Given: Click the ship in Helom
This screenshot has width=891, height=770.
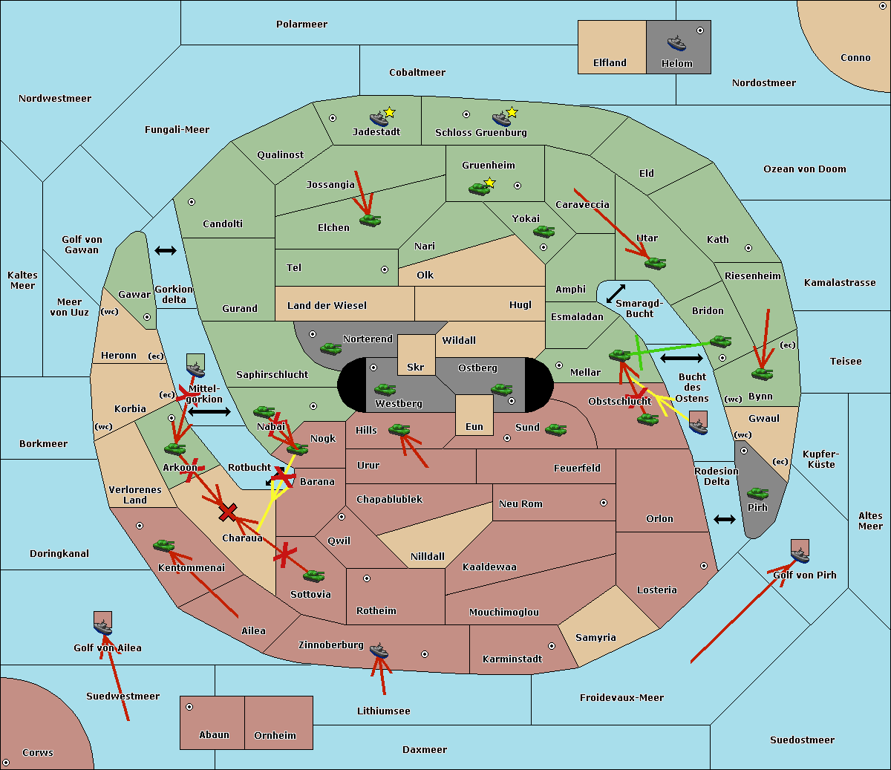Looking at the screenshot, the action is coord(676,44).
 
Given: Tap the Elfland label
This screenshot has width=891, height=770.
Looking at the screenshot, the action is coord(610,63).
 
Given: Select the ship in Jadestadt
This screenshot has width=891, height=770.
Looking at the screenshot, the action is coord(379,119).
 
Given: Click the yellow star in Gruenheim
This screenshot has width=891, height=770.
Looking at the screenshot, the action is coord(489,183).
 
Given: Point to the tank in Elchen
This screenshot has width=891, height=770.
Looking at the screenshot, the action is coord(371,221).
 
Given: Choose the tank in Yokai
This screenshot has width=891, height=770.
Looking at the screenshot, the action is coord(544,232).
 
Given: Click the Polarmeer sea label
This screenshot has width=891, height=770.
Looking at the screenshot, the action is coord(301,25).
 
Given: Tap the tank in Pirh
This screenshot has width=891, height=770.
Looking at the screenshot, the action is coord(757,493).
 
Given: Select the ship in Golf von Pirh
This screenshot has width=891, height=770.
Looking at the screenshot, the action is coord(800,555).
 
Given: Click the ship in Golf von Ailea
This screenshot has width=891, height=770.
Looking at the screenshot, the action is coord(103,627).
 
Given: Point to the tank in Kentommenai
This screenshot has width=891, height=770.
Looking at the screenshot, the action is coord(164,546).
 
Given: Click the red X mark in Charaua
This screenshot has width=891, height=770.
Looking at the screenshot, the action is coord(228,512).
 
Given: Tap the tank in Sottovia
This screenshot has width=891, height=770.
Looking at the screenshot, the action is coord(314,576).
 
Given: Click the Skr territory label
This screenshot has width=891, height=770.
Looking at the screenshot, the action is coord(416,368).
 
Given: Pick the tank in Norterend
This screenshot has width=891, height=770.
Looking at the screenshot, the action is coord(330,349).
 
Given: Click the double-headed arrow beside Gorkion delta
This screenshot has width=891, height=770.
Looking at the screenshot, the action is coord(166,250).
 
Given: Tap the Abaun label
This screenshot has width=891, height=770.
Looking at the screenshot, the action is coord(214,734).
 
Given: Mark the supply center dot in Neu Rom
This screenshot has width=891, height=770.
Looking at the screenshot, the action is coord(604,503).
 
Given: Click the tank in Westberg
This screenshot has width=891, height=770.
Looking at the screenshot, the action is coord(385,390).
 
